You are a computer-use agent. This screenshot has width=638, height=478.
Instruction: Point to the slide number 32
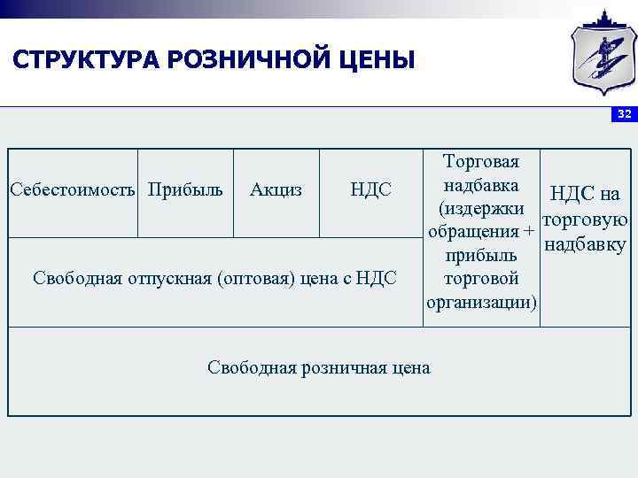point(625,114)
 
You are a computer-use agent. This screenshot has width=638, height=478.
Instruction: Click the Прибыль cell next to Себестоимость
point(185,189)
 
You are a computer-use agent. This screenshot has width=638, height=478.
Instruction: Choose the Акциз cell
point(276,189)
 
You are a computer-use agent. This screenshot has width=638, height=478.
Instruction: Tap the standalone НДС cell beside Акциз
point(370,189)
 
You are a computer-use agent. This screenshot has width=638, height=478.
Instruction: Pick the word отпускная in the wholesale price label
point(167,278)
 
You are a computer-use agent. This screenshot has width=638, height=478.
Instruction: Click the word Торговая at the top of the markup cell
point(481,161)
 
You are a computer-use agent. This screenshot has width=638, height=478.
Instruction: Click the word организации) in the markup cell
point(481,303)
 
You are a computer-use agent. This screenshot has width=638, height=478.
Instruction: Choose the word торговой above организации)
point(481,279)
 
